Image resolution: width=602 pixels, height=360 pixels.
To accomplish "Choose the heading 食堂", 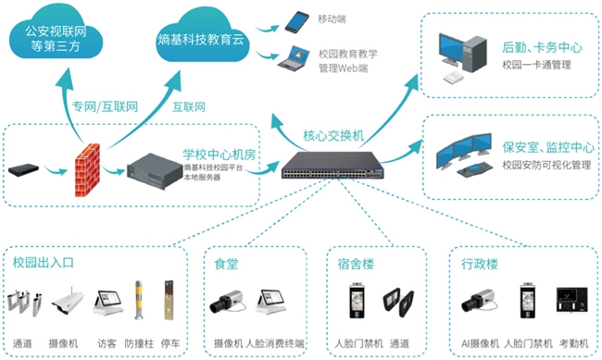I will (x=226, y=263).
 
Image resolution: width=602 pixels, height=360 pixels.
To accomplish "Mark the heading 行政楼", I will (x=480, y=263).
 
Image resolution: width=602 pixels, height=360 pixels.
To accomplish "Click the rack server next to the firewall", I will (x=152, y=169).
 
